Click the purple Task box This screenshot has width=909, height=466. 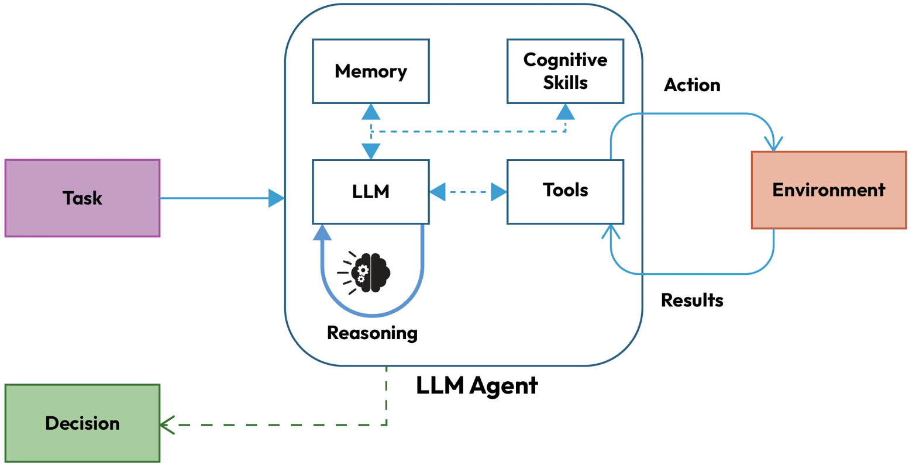(82, 198)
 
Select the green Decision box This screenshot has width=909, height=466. (82, 423)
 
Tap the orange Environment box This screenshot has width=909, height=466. (828, 190)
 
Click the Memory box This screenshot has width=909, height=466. (371, 71)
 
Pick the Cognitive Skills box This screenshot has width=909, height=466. (565, 71)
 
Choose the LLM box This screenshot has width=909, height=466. (371, 192)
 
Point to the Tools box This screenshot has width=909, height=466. (565, 191)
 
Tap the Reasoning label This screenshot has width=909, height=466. (372, 333)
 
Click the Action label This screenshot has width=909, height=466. (692, 85)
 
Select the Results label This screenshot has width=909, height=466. (692, 300)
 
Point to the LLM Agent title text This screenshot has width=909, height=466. (477, 386)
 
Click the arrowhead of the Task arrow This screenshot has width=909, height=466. (276, 198)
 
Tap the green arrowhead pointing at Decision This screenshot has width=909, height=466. (167, 424)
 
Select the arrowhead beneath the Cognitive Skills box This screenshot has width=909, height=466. (565, 112)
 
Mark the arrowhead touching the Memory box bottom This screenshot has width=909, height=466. (371, 112)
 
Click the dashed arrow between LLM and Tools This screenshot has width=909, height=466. (468, 192)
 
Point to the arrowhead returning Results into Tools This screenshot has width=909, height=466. (611, 232)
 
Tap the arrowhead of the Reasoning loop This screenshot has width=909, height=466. (322, 233)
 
